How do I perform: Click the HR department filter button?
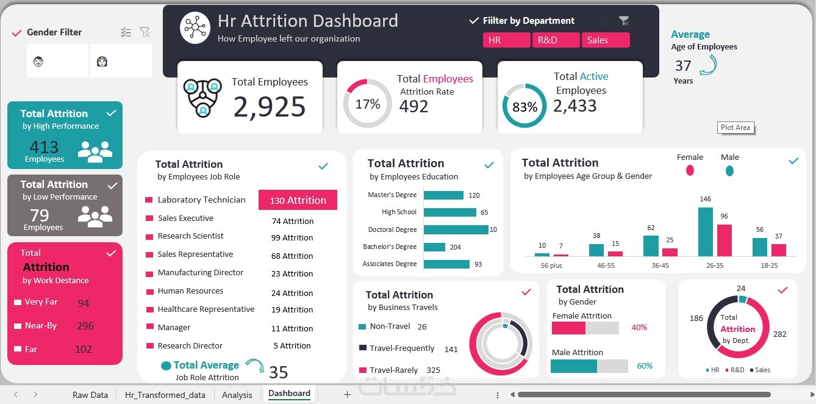(x=506, y=40)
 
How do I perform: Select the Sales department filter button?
(x=605, y=40)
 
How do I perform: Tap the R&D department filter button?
(x=556, y=40)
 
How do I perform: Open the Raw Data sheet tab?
(x=90, y=395)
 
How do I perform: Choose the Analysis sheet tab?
(x=237, y=395)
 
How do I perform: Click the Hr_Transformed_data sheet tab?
(x=165, y=395)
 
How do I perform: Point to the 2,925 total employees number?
(x=269, y=107)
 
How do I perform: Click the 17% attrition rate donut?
(x=367, y=104)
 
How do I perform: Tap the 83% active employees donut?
(x=524, y=107)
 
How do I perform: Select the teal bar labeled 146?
(x=705, y=232)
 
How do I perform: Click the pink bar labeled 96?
(x=724, y=240)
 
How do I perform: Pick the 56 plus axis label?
(x=551, y=265)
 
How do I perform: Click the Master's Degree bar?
(x=443, y=195)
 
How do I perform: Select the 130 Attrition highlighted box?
(x=298, y=200)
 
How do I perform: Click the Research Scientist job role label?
(x=190, y=236)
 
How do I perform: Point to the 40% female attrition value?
(x=639, y=328)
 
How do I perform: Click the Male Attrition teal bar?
(x=573, y=366)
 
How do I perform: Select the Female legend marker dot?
(x=690, y=170)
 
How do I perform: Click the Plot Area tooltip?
(x=735, y=128)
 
